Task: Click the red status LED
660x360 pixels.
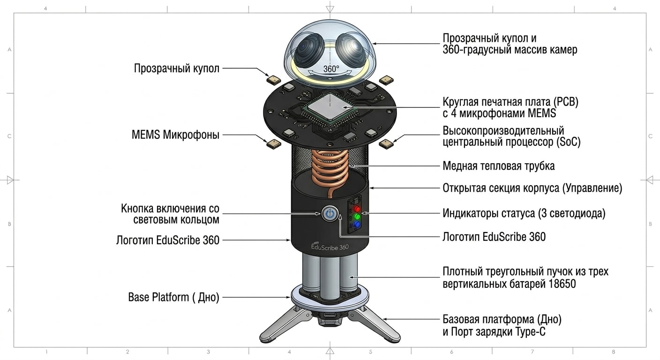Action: click(357, 209)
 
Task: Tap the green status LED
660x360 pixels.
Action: click(357, 217)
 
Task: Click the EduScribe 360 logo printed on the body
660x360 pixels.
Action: click(330, 247)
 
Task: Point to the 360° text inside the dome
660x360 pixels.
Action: click(331, 69)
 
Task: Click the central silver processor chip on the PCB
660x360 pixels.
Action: click(330, 107)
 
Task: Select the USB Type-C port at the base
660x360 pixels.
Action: click(330, 315)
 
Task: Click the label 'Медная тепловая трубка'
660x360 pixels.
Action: click(499, 166)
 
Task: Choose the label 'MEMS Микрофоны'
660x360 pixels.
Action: click(175, 135)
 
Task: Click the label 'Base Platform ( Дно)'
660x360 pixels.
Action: click(173, 297)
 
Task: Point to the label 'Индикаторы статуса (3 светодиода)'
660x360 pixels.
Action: click(524, 213)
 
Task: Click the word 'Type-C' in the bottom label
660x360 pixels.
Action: click(530, 332)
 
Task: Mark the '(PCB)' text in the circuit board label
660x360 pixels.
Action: click(566, 102)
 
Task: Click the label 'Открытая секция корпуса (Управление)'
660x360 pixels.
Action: click(532, 188)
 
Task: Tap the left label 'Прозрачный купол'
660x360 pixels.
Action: click(177, 68)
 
